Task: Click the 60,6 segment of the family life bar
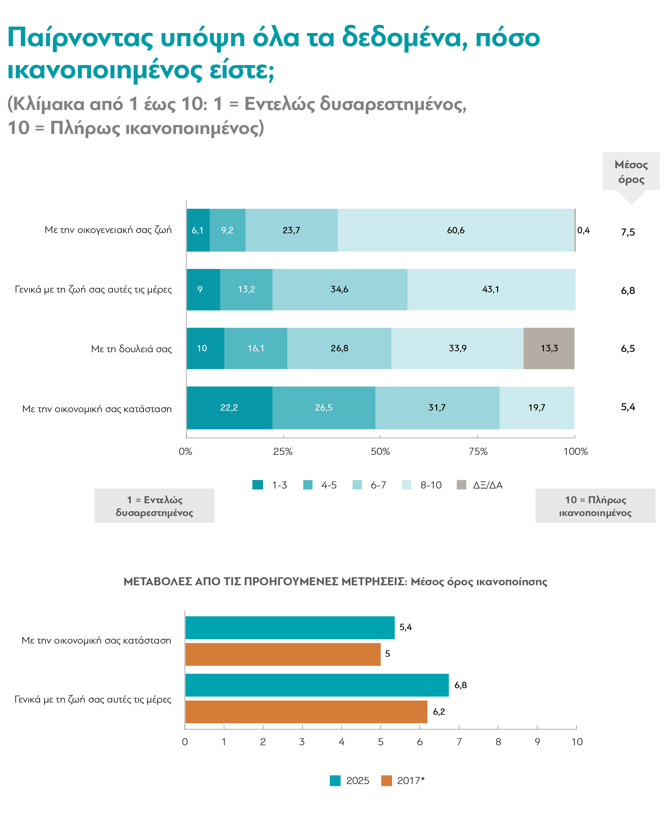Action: (x=456, y=230)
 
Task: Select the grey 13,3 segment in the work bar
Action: (x=549, y=348)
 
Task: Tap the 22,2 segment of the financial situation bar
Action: (x=229, y=407)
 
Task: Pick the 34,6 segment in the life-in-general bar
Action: (x=340, y=289)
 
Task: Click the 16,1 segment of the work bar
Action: (x=255, y=348)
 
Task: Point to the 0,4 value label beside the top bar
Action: (x=583, y=230)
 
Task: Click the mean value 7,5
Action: (x=628, y=232)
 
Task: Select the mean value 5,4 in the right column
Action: (x=628, y=407)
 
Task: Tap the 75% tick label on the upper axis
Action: (x=478, y=451)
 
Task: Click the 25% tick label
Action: (x=283, y=451)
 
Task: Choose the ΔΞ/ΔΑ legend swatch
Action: (x=461, y=485)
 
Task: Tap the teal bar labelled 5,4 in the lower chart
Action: (x=290, y=628)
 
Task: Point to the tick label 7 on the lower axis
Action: (x=459, y=742)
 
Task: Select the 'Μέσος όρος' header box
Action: (x=631, y=171)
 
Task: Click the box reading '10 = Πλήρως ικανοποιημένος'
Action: (x=595, y=505)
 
